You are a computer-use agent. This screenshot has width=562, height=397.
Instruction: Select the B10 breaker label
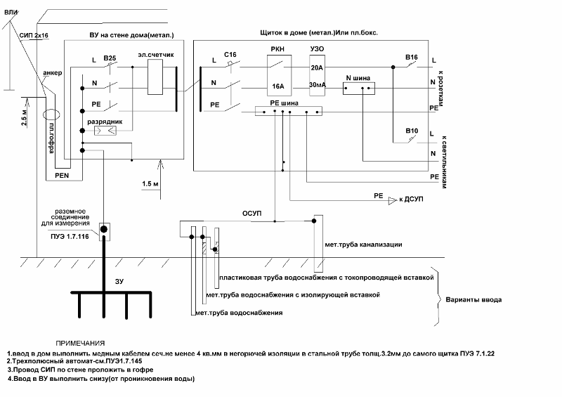[x=411, y=131]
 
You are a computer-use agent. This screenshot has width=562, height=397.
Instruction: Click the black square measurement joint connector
[x=104, y=229]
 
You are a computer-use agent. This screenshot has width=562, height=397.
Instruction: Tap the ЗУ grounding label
[x=119, y=281]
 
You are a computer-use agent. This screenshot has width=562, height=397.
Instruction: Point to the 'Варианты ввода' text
[x=474, y=300]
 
